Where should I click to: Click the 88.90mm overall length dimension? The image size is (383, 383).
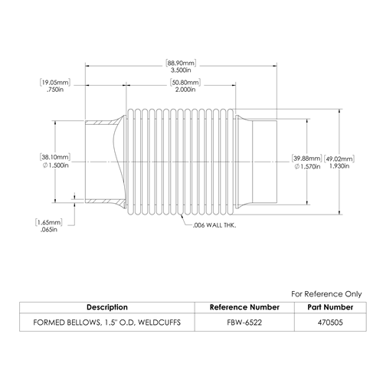tap(181, 63)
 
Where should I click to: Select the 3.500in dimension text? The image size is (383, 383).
tap(181, 70)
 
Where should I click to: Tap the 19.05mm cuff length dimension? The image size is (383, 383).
tap(55, 83)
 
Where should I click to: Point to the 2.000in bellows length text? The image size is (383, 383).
tap(185, 90)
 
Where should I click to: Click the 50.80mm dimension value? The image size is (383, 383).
tap(185, 83)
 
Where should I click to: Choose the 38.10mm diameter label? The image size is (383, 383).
tap(55, 157)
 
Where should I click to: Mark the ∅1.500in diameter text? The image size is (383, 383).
tap(56, 165)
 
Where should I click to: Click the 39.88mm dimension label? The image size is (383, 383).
tap(306, 159)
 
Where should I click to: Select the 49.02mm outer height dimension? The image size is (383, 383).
tap(339, 159)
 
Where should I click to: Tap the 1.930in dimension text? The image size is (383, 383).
tap(339, 166)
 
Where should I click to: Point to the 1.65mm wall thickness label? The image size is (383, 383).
tap(49, 222)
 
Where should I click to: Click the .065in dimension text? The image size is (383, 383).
tap(49, 230)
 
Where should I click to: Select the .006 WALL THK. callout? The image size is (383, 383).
tap(214, 225)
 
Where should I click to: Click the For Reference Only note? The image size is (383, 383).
tap(326, 294)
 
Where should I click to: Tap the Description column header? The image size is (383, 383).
tap(107, 307)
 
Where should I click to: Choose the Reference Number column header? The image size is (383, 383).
tap(244, 307)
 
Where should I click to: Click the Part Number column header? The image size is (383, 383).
tap(330, 307)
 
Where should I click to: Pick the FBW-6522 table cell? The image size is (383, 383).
tap(244, 322)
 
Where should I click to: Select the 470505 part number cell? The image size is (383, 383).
tap(330, 322)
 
